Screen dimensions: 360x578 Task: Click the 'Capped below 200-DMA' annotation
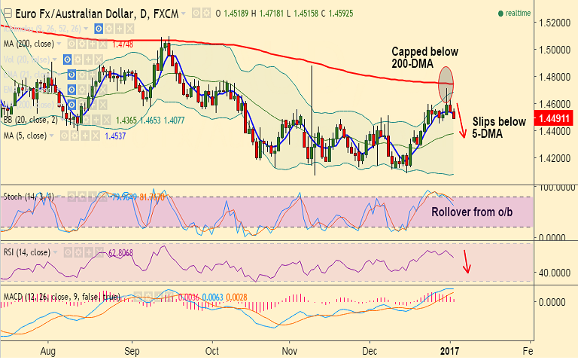[x=424, y=59]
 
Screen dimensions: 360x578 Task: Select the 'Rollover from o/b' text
[x=473, y=212]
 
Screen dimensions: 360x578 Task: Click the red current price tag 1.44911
[x=553, y=117]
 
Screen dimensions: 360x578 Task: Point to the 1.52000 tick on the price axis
[x=553, y=23]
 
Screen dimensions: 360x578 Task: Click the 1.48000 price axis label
[x=553, y=77]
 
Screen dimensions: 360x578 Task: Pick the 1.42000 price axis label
[x=553, y=158]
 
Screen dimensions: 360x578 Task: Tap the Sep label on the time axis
[x=132, y=350]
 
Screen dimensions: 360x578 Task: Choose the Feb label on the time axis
[x=528, y=350]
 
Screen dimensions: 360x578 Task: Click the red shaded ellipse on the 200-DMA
[x=446, y=81]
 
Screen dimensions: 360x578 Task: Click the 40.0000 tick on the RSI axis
[x=553, y=273]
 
